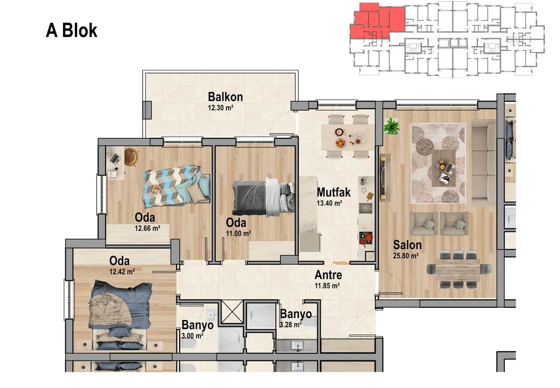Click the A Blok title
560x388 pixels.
72,30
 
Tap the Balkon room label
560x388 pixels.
225,97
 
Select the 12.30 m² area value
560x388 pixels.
220,108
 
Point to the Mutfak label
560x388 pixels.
334,192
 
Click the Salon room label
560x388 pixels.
407,245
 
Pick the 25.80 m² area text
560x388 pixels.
406,256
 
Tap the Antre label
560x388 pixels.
328,275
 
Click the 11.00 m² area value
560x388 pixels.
238,234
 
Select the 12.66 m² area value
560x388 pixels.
148,228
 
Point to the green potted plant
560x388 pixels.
391,126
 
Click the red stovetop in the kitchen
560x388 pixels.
366,238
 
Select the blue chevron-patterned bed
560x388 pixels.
176,186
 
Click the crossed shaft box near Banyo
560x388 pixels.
232,312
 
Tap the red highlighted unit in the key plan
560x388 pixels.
377,21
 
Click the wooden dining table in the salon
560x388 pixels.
458,270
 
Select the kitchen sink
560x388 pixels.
366,208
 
